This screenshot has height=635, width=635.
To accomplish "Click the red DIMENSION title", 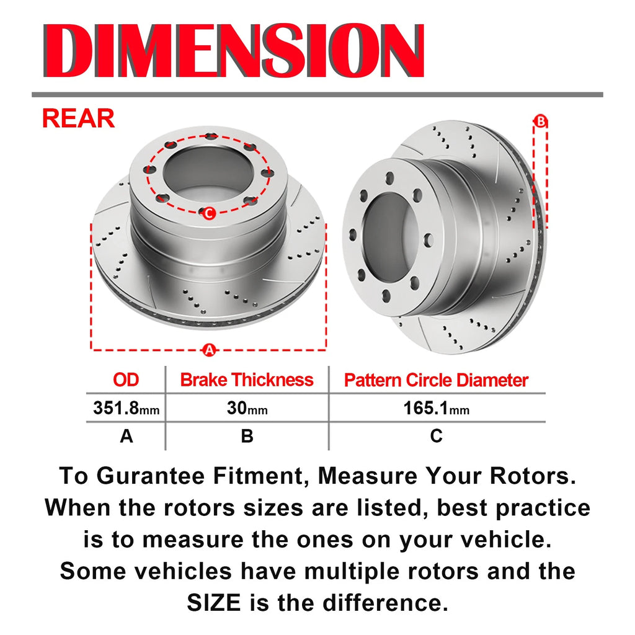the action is [234, 50].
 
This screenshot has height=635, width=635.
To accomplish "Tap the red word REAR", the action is [78, 118].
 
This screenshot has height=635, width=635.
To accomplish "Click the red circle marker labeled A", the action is [209, 350].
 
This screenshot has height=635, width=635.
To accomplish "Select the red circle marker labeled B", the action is [540, 121].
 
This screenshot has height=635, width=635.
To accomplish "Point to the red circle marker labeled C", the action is [209, 213].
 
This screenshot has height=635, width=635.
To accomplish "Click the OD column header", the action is [126, 380].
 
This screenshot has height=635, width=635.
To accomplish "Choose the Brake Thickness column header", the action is [247, 380].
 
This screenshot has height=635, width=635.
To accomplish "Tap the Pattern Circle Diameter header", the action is [436, 380].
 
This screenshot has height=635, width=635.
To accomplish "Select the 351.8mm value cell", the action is [127, 408].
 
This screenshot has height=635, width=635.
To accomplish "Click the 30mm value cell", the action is [247, 408].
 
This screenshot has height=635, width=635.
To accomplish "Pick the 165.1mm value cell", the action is [436, 408].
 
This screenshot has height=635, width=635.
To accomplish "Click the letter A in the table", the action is [127, 436].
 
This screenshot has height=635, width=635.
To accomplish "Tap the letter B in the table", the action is [247, 436].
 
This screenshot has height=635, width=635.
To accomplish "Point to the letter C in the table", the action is [436, 436].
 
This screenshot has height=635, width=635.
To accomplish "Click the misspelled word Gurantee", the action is [151, 476].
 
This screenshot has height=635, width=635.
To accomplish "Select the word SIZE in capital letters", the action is [214, 603].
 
